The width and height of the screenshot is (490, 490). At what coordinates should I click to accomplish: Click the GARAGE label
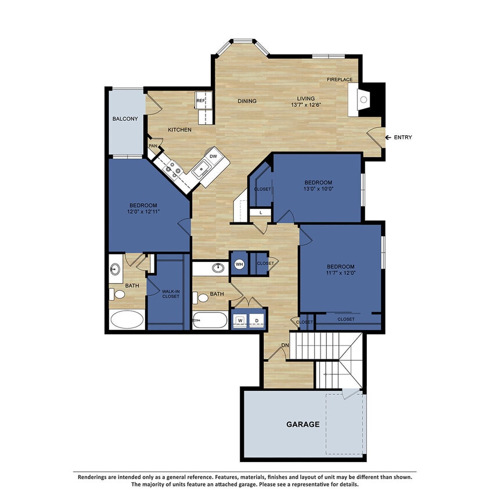(x=302, y=424)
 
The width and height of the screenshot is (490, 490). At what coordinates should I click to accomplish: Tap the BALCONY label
(x=125, y=119)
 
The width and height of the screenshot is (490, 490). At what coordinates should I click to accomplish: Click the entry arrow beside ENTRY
(x=387, y=138)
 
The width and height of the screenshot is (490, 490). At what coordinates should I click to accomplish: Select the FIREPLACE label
(x=340, y=80)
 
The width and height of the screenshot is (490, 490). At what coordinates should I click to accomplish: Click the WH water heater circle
(x=239, y=264)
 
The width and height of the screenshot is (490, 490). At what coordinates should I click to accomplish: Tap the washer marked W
(x=239, y=320)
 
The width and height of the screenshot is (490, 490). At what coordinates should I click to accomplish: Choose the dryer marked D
(x=257, y=320)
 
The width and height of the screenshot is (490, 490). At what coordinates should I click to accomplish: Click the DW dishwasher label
(x=213, y=156)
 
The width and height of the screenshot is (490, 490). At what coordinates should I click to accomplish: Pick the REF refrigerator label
(x=200, y=100)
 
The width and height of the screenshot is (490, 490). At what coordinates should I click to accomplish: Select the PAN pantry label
(x=153, y=146)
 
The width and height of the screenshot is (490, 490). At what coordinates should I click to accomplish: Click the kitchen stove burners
(x=172, y=168)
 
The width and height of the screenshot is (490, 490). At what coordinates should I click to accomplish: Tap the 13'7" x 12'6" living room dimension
(x=306, y=105)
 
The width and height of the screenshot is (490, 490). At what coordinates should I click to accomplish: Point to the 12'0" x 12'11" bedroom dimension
(x=143, y=212)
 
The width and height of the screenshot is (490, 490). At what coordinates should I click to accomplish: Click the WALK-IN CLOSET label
(x=170, y=294)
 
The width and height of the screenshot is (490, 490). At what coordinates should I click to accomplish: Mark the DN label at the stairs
(x=285, y=345)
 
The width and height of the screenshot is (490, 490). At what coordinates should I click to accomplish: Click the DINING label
(x=247, y=102)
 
